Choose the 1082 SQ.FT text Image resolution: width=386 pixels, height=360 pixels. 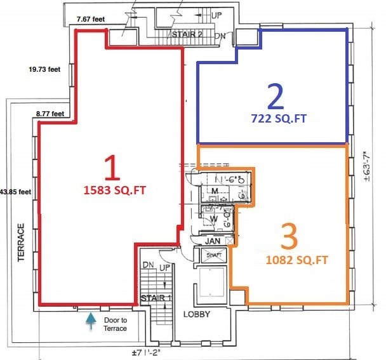click(x=289, y=260)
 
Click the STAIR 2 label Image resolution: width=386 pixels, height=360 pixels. click(x=187, y=34)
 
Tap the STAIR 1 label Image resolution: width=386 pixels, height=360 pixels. click(x=156, y=297)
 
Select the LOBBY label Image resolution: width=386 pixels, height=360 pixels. click(x=197, y=314)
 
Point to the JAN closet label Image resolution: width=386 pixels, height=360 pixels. click(x=211, y=241)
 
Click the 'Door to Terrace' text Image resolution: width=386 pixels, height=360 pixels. click(x=115, y=324)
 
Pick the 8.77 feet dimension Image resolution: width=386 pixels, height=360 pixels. click(x=50, y=114)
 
